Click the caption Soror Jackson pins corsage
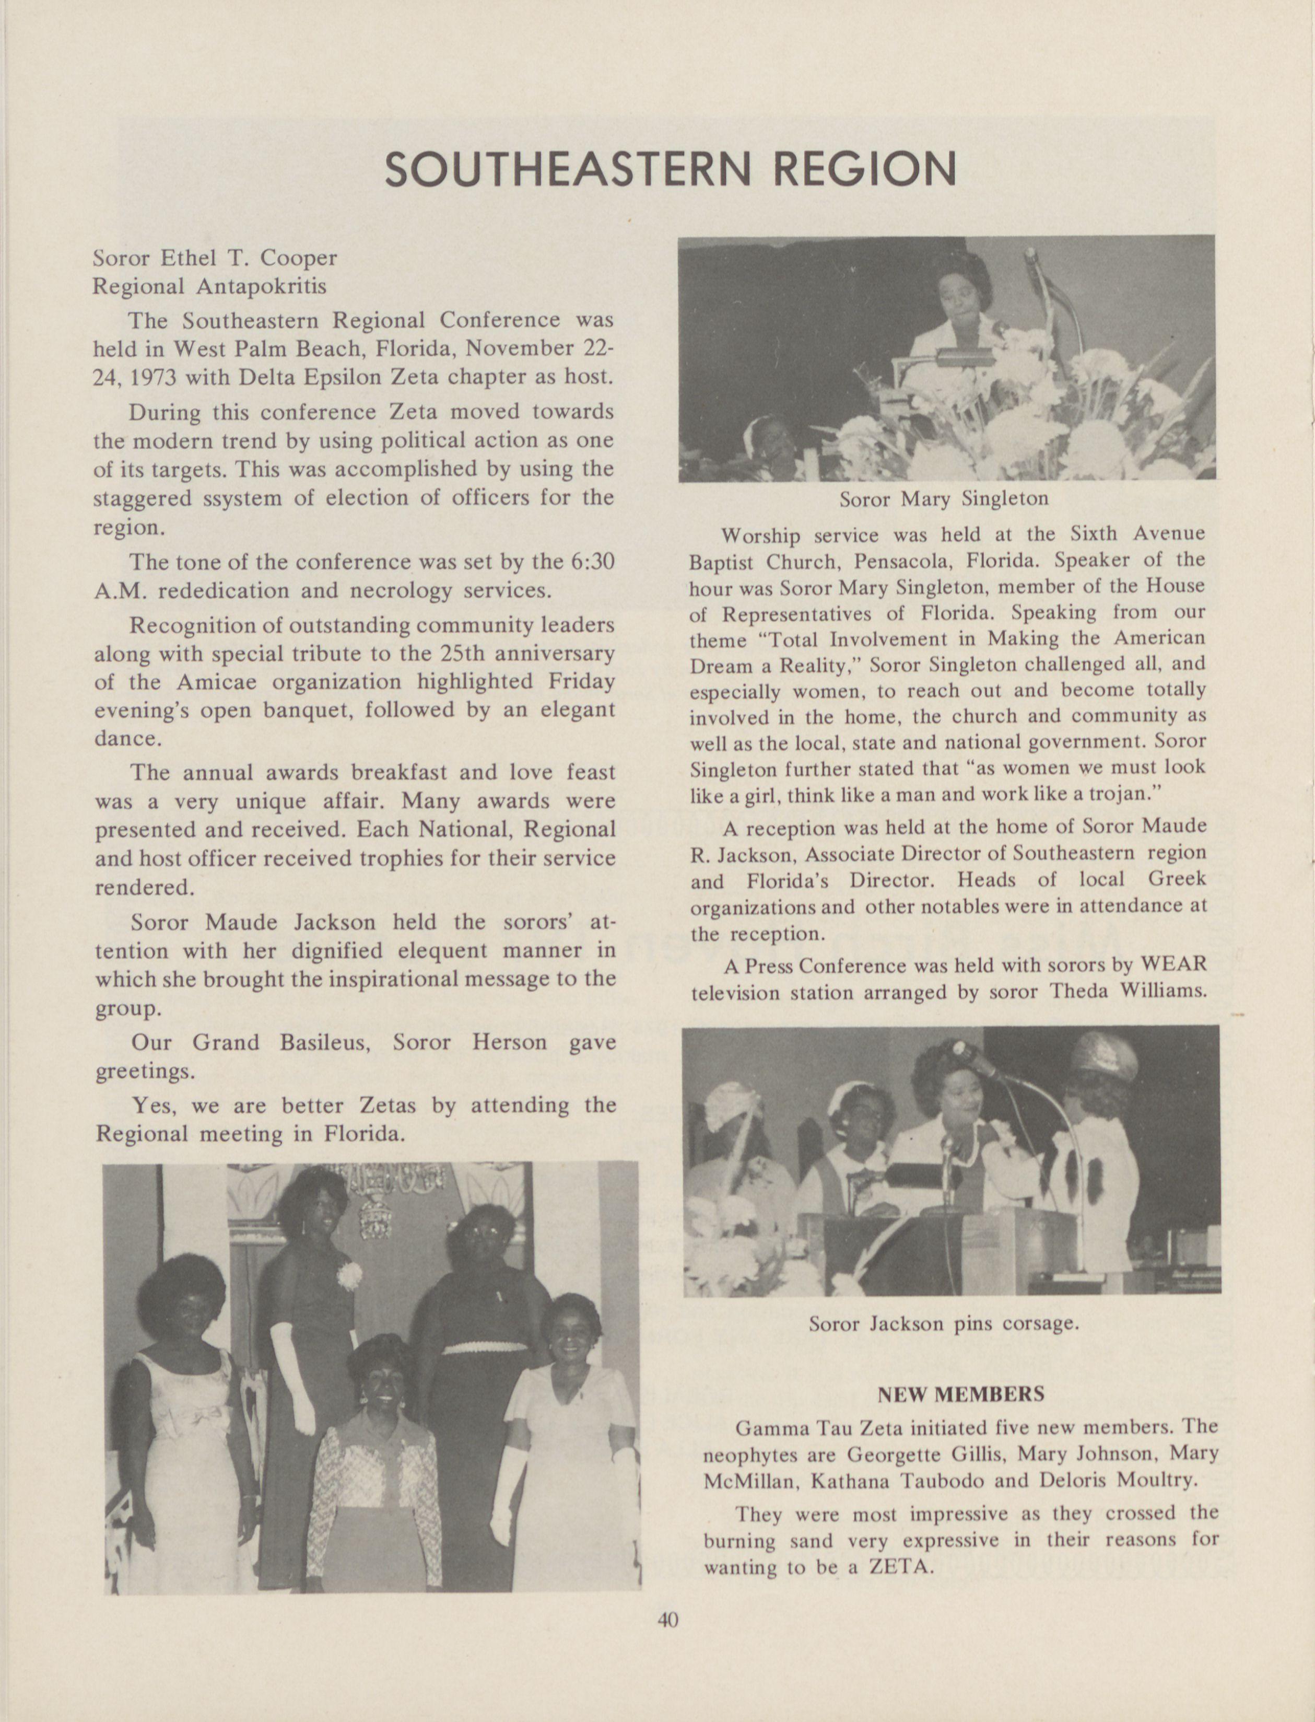point(944,1323)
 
